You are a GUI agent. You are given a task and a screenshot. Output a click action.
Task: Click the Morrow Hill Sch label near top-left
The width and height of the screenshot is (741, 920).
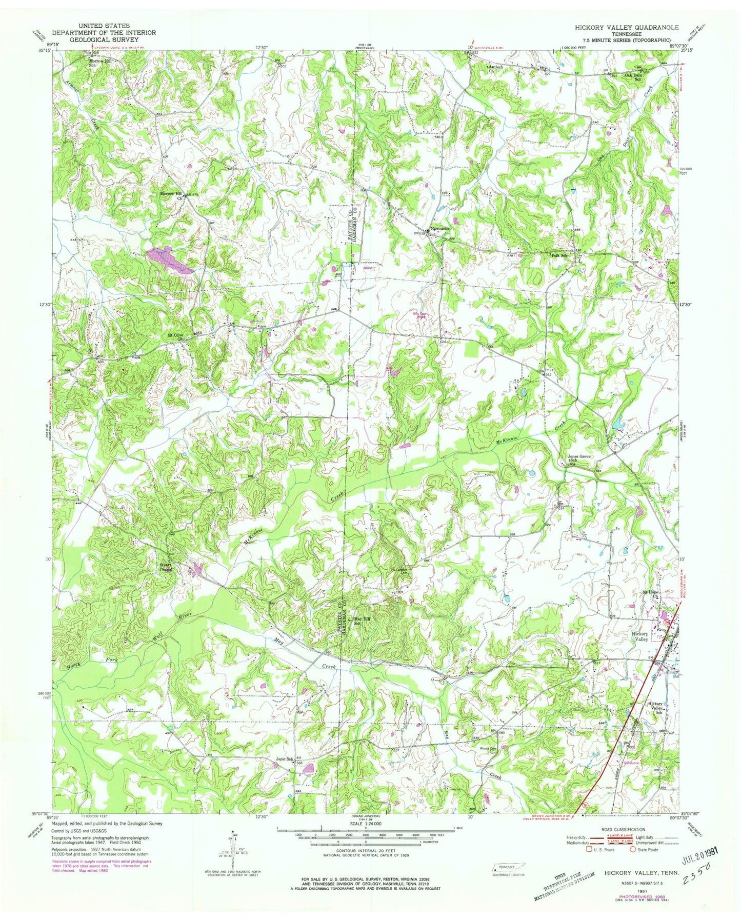[x=99, y=63]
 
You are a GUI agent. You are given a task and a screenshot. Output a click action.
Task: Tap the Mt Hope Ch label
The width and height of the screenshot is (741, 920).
[x=650, y=593]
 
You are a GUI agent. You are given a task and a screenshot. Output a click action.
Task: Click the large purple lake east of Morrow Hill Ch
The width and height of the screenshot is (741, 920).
[x=171, y=259]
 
